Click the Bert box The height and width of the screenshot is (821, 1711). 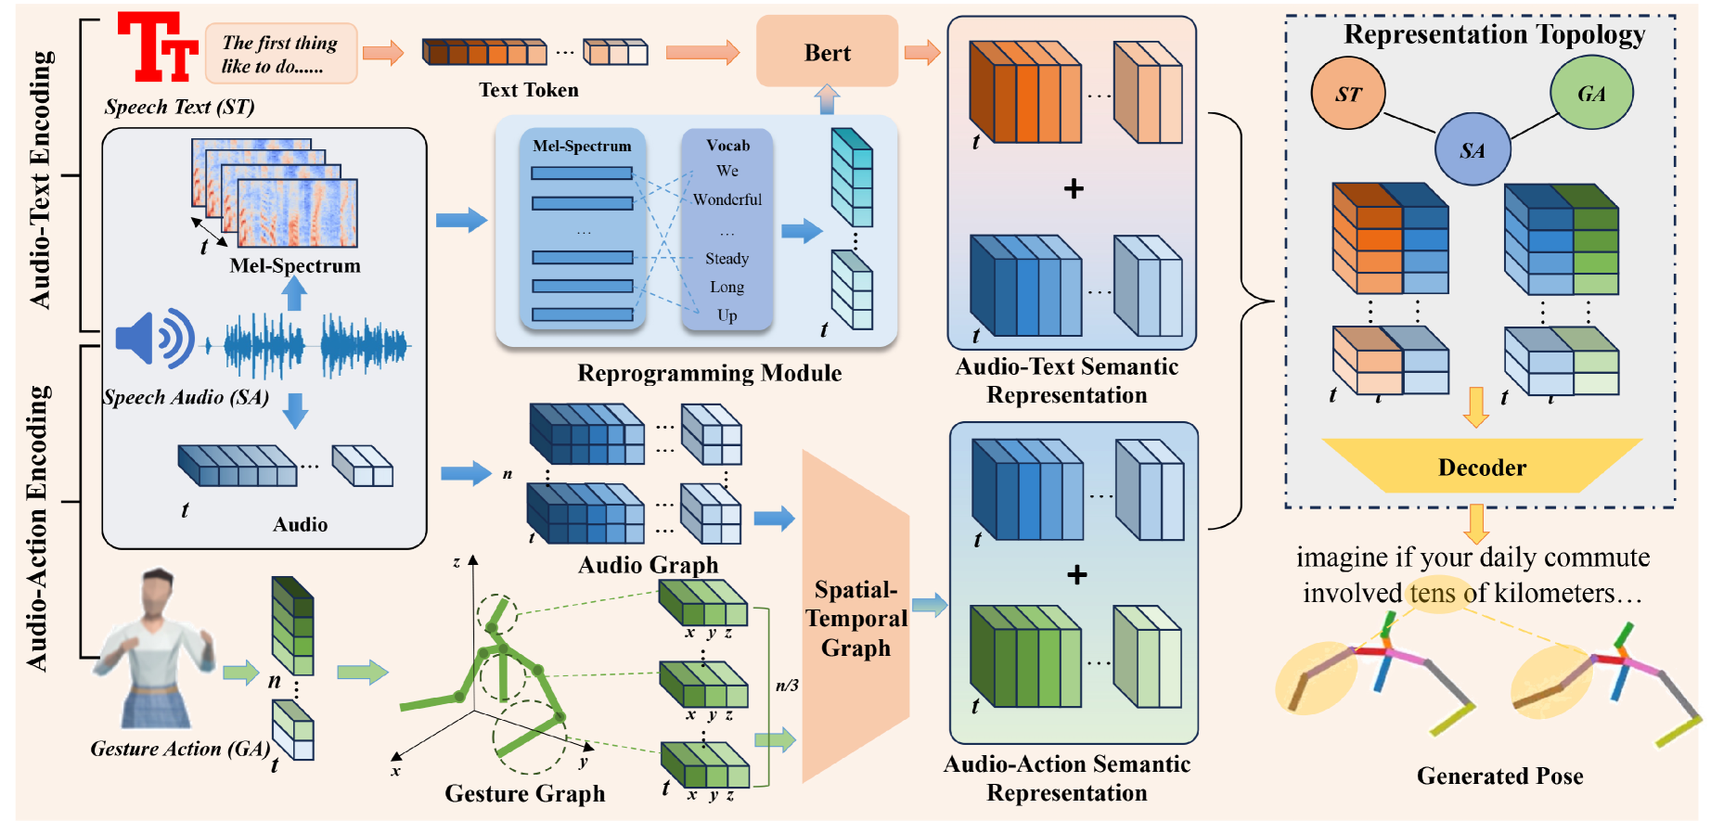(827, 53)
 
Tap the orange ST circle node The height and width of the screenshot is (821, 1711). (1347, 94)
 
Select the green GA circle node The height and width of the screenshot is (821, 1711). (1590, 93)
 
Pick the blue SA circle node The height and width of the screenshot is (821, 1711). (1472, 150)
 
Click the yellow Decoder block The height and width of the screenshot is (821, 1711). (1482, 467)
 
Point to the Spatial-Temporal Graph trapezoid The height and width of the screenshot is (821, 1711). (855, 618)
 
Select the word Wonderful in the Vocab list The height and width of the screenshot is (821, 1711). (727, 199)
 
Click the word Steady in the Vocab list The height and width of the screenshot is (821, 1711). (727, 258)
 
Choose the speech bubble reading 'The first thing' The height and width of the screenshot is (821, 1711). (280, 54)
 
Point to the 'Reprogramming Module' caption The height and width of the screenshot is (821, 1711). (709, 373)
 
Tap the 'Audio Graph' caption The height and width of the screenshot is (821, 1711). (648, 565)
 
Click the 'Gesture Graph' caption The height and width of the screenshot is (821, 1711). (524, 793)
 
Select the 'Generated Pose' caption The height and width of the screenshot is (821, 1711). (1499, 776)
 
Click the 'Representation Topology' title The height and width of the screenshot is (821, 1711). (1494, 34)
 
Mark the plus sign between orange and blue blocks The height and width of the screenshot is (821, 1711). (1074, 189)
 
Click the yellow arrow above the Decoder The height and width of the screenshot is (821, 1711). (1475, 406)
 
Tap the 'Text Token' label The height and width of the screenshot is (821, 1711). (528, 90)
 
